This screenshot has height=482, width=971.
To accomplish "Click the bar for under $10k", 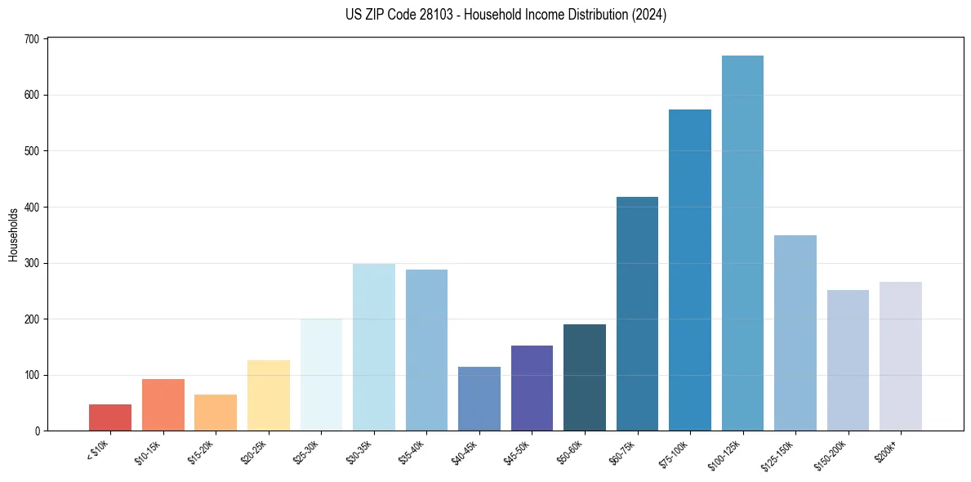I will tap(110, 417).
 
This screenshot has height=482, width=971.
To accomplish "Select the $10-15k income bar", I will tap(163, 404).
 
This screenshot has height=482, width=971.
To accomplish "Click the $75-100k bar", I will tap(690, 270).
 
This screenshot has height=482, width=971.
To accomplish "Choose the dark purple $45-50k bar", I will tap(532, 388).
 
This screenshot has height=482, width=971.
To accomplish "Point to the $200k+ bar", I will tap(901, 356).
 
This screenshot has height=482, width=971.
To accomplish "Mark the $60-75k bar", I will tap(637, 314).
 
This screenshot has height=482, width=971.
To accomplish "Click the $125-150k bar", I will tap(795, 332).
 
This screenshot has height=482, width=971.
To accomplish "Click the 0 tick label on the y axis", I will tap(38, 431).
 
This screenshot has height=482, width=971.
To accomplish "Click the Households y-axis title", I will tap(13, 234).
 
